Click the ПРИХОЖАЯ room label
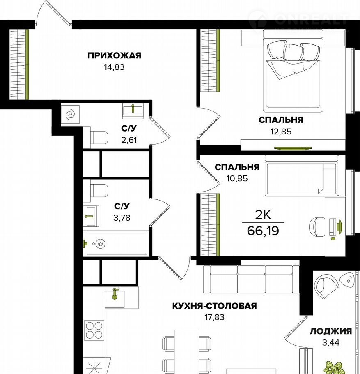point(115,55)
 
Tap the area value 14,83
point(114,67)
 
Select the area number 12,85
point(281,132)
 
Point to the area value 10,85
point(237,178)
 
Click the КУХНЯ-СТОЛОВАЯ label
point(214,306)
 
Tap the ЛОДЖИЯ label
point(331,331)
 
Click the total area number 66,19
point(263,231)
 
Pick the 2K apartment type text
point(263,215)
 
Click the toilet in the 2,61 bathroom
point(99,138)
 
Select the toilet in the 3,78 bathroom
point(99,191)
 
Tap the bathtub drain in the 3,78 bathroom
point(101,244)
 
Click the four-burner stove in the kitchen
point(94,330)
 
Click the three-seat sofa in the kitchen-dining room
point(251,279)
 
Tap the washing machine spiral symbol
point(70,115)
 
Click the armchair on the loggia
point(326,286)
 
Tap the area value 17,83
point(214,317)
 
